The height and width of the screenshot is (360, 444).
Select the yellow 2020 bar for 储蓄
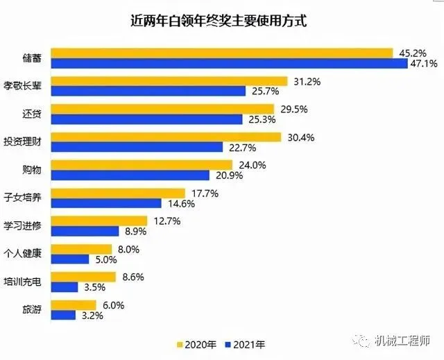(222, 53)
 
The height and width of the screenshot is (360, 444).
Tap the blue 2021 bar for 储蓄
(230, 63)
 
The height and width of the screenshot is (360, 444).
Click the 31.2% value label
(307, 82)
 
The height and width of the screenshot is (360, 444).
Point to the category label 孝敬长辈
(22, 85)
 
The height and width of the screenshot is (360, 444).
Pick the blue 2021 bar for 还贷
(146, 119)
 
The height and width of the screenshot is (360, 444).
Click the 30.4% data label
(301, 137)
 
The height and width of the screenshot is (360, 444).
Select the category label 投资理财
(22, 142)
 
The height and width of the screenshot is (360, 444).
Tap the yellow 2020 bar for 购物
(142, 165)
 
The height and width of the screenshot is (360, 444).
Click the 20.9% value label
(230, 175)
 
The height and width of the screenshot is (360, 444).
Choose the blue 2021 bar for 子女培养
(106, 203)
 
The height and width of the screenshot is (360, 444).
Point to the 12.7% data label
(167, 221)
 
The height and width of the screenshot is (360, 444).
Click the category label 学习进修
(22, 226)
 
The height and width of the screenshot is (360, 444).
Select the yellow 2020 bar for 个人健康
(81, 249)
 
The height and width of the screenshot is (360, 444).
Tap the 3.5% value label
(95, 287)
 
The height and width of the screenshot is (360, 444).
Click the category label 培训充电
(22, 282)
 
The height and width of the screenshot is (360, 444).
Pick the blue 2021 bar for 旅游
(63, 316)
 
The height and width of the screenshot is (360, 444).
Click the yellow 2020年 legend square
(180, 345)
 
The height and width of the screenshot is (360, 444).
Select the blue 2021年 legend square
(228, 345)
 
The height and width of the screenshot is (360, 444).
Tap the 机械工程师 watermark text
(402, 341)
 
